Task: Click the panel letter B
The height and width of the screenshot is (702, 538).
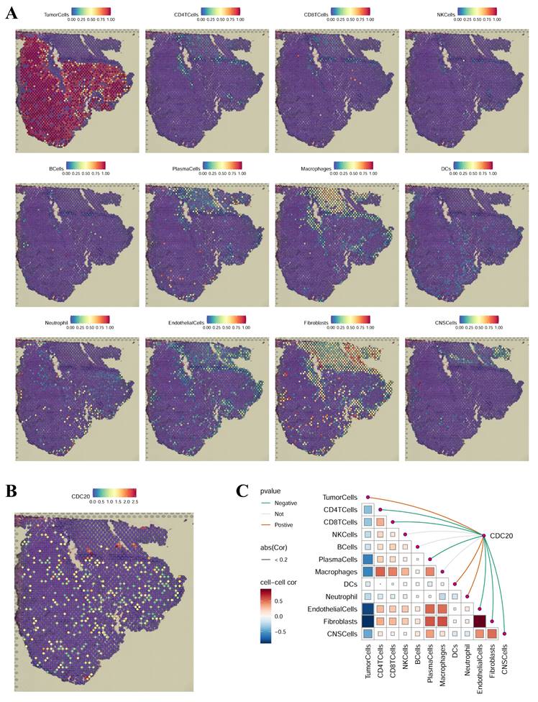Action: pyautogui.click(x=12, y=491)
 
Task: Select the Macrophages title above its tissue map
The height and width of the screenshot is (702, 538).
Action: pyautogui.click(x=315, y=167)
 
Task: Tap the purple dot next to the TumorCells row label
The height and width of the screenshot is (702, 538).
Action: pyautogui.click(x=368, y=497)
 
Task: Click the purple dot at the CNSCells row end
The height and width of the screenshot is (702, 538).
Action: pyautogui.click(x=506, y=633)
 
